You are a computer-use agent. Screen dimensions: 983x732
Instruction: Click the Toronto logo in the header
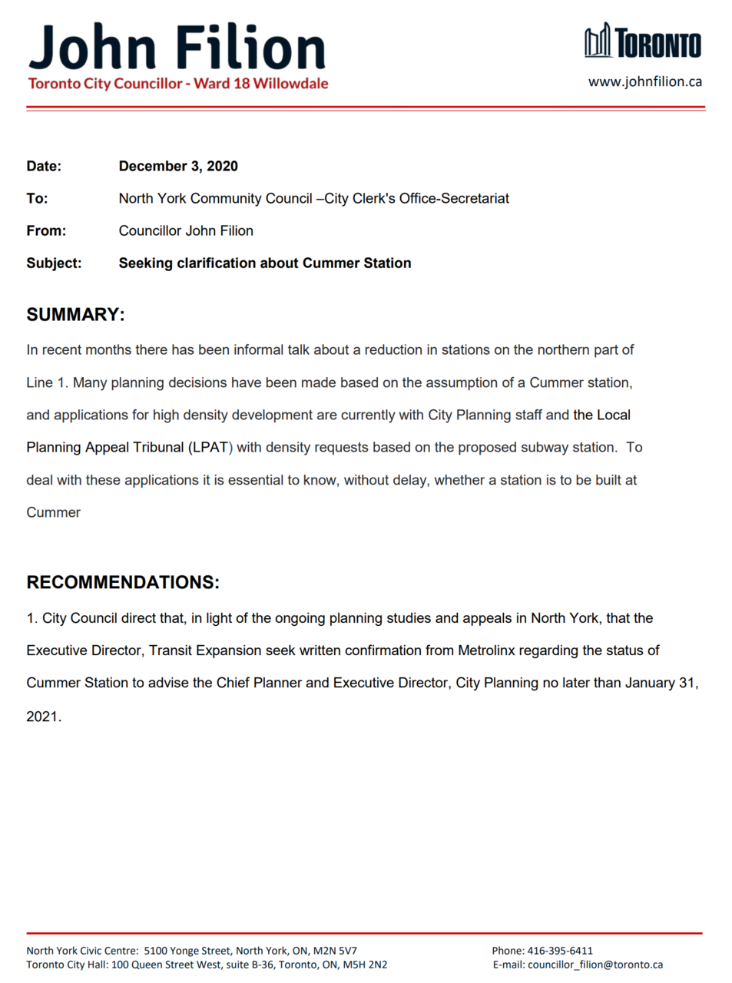[x=642, y=41]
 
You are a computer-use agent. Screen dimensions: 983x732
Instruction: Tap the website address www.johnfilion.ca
[x=644, y=81]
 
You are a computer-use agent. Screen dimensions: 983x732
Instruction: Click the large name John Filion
[x=177, y=48]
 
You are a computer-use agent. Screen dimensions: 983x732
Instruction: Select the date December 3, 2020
[x=178, y=166]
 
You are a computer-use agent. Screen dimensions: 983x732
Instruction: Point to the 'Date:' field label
[x=44, y=166]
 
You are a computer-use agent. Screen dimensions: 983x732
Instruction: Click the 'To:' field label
[x=37, y=198]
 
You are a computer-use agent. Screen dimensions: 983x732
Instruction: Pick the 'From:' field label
[x=46, y=230]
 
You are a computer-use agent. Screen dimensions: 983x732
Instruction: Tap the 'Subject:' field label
[x=54, y=263]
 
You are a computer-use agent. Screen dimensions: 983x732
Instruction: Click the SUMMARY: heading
[x=75, y=315]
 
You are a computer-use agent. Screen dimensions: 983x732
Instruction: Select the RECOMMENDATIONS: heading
[x=123, y=582]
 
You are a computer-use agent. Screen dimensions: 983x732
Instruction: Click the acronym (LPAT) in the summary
[x=210, y=447]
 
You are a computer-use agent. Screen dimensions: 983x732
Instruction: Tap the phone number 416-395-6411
[x=559, y=951]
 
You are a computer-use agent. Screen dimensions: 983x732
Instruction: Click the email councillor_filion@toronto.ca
[x=595, y=965]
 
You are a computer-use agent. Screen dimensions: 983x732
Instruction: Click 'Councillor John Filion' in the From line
[x=186, y=230]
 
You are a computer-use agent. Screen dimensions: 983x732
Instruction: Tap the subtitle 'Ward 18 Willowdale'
[x=261, y=84]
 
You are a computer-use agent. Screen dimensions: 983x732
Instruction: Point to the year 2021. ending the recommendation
[x=44, y=717]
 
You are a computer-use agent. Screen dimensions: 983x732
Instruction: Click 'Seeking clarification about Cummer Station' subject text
[x=265, y=263]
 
